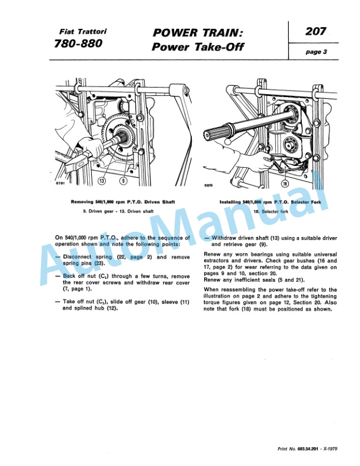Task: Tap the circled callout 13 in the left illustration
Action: [x=103, y=181]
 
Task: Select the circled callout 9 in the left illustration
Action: [x=123, y=181]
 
